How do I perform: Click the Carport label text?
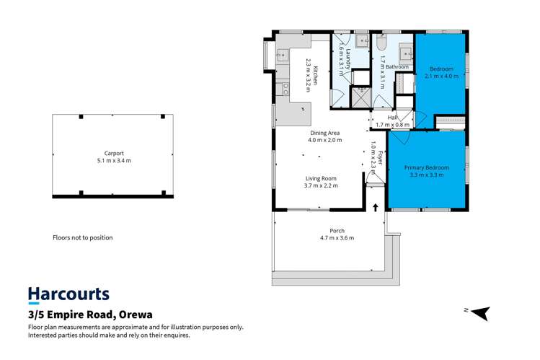tap(114, 153)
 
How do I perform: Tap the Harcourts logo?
tap(68, 294)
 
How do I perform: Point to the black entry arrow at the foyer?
tap(376, 208)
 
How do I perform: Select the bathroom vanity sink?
tap(407, 53)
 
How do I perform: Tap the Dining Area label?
tap(324, 133)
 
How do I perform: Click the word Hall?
tap(392, 117)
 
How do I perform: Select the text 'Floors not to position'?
tap(83, 237)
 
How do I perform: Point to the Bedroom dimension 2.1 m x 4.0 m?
tap(441, 76)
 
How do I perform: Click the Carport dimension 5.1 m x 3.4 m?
tap(114, 160)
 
